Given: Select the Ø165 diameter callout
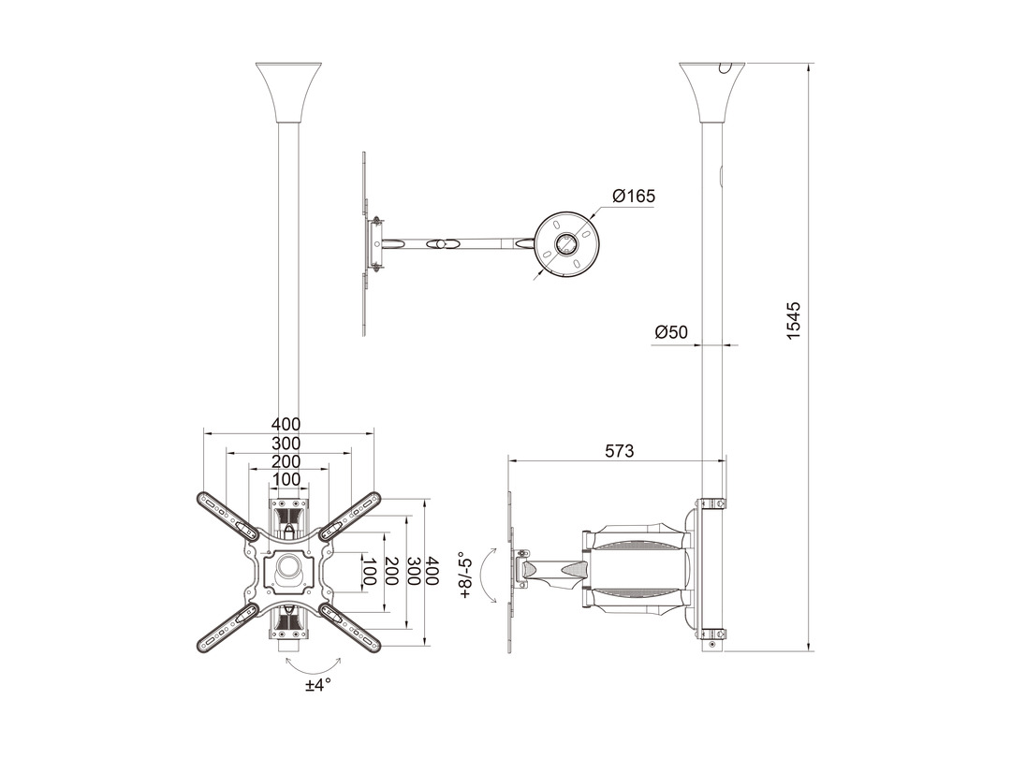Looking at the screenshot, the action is pos(633,196).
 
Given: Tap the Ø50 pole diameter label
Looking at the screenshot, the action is pos(671,332).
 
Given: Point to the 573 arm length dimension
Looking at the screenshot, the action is pos(620,451).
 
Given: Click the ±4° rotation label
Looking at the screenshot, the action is pos(318,684).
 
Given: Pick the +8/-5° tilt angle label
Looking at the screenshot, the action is pos(464,576).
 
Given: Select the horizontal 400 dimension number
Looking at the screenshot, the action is pos(286,424).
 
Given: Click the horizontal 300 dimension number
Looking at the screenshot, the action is pos(286,444).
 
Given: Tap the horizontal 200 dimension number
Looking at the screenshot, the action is pos(286,461).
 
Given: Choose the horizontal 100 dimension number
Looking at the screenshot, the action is pos(286,479).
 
